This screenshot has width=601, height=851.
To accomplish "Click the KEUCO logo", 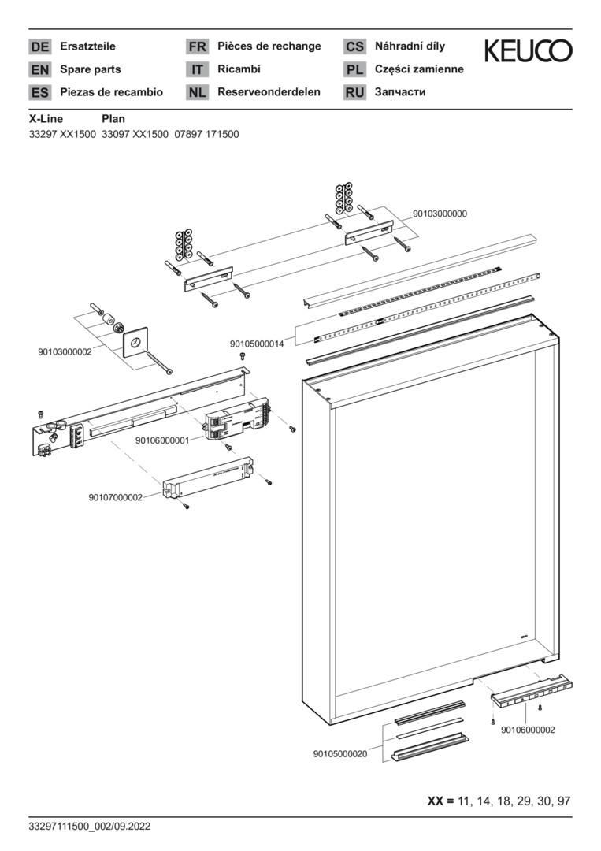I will [528, 52].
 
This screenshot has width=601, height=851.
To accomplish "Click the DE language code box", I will [39, 46].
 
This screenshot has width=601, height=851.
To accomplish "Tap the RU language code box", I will [354, 92].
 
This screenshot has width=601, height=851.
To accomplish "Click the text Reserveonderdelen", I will [269, 92].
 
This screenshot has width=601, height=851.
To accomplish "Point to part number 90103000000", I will [440, 214].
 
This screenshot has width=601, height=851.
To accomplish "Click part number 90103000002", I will [65, 352].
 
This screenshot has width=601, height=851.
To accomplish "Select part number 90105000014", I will [257, 344].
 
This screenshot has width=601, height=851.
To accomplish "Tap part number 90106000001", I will [162, 440].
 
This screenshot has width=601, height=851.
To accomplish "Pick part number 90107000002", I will [115, 497].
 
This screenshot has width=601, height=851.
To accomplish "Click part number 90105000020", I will [340, 754].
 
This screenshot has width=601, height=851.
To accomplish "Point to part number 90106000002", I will [528, 730].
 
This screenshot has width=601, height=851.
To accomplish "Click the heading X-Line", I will [46, 119].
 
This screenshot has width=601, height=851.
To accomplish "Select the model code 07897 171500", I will [206, 134].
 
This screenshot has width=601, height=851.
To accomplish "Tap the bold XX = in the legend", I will [440, 801].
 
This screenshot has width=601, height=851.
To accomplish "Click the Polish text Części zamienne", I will [419, 69].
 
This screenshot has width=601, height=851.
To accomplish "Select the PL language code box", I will [354, 69].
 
